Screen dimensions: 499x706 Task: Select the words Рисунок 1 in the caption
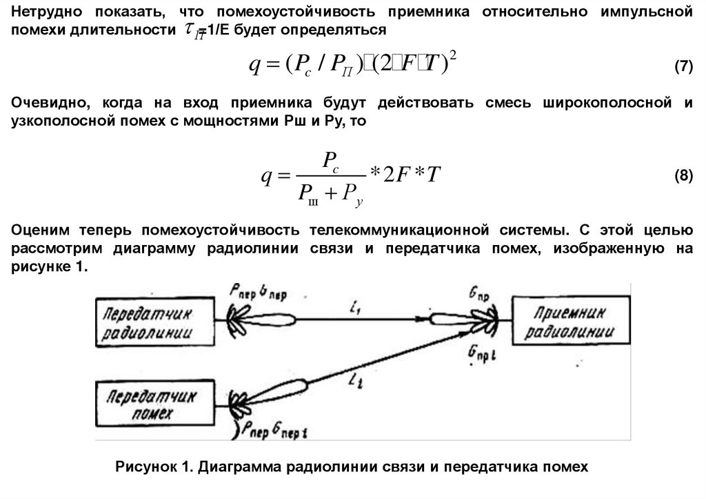[x=152, y=467]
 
